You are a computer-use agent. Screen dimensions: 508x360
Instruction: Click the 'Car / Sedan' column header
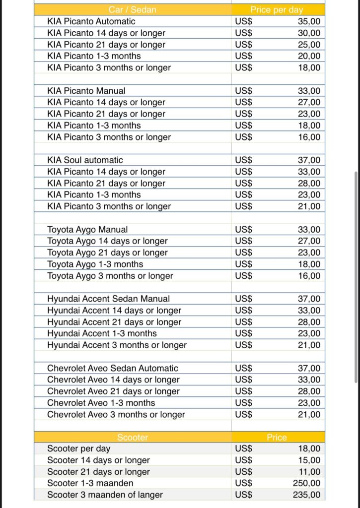pyautogui.click(x=133, y=10)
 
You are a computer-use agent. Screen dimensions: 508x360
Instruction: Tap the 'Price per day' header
pyautogui.click(x=277, y=10)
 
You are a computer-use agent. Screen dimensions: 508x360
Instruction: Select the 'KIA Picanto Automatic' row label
pyautogui.click(x=91, y=21)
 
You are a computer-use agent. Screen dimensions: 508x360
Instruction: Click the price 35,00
pyautogui.click(x=309, y=21)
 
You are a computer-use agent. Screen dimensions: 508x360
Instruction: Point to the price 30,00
pyautogui.click(x=309, y=33)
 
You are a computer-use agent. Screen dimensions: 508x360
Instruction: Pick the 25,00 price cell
pyautogui.click(x=309, y=45)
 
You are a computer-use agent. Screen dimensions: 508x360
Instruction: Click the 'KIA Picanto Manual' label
pyautogui.click(x=86, y=91)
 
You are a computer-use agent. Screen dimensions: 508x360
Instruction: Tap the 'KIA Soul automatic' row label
pyautogui.click(x=85, y=160)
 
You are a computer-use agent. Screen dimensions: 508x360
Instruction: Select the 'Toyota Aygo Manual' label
pyautogui.click(x=87, y=230)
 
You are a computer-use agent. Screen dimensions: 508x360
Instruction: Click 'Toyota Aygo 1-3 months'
pyautogui.click(x=95, y=264)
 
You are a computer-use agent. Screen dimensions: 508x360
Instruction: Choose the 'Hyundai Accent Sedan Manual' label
pyautogui.click(x=108, y=299)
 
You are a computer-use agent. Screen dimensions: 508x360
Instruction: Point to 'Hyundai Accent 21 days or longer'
pyautogui.click(x=114, y=322)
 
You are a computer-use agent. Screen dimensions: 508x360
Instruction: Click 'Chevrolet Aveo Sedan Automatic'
pyautogui.click(x=112, y=369)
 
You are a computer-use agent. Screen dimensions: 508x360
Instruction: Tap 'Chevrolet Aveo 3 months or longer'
pyautogui.click(x=116, y=415)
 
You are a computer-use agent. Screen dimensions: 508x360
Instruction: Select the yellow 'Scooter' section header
pyautogui.click(x=133, y=438)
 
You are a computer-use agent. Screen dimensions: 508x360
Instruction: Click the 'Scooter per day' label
pyautogui.click(x=78, y=449)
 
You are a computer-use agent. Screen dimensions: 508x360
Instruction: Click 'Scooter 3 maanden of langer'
pyautogui.click(x=105, y=495)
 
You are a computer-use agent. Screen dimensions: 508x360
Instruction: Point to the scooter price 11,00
pyautogui.click(x=309, y=472)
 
